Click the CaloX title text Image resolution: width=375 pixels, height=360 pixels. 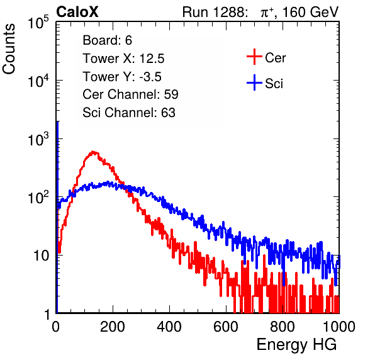(77, 12)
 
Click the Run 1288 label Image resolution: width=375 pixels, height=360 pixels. (215, 12)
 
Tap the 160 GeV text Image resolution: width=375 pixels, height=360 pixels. (310, 12)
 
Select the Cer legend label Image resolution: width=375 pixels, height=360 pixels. (275, 58)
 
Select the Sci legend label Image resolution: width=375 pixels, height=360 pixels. (274, 84)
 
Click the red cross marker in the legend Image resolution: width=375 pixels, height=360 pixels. (254, 57)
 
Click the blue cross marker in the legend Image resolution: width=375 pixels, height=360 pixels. (254, 82)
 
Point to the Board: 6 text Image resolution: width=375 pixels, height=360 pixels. (108, 40)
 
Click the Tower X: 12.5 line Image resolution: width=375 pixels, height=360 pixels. (123, 59)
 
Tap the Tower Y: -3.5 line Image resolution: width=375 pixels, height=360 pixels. (122, 77)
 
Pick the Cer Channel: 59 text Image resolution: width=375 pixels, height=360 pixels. (130, 94)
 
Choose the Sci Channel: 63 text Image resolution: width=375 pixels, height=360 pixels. (129, 113)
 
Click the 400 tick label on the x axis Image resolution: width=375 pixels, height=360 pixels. (169, 327)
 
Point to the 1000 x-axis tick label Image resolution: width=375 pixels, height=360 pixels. (339, 327)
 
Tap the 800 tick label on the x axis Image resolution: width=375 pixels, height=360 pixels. (283, 327)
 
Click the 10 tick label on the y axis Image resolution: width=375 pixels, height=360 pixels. (41, 256)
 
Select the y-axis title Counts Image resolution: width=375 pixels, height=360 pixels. (9, 49)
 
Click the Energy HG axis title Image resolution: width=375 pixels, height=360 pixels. (296, 345)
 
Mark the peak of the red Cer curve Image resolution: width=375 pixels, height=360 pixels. (93, 152)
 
